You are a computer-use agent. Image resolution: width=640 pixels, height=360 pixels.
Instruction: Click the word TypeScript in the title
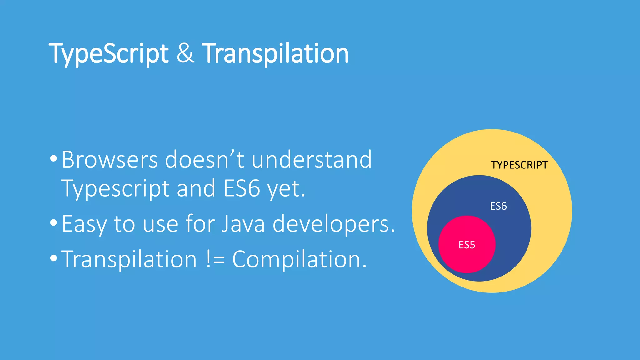108,54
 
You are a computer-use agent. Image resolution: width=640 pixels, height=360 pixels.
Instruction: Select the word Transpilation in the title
275,54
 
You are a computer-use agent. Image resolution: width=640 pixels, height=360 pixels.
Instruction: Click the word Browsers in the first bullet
109,160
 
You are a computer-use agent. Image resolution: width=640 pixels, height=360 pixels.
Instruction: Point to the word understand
312,160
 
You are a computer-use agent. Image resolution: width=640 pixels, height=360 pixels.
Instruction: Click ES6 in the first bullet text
242,189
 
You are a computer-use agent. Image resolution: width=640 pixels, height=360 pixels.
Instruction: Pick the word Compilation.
299,260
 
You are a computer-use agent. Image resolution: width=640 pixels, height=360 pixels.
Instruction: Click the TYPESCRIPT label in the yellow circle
519,165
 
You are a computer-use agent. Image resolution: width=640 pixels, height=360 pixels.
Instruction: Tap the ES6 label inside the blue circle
498,206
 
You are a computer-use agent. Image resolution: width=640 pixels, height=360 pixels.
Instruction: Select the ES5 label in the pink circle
467,245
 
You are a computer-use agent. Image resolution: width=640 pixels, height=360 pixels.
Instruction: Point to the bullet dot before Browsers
54,159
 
